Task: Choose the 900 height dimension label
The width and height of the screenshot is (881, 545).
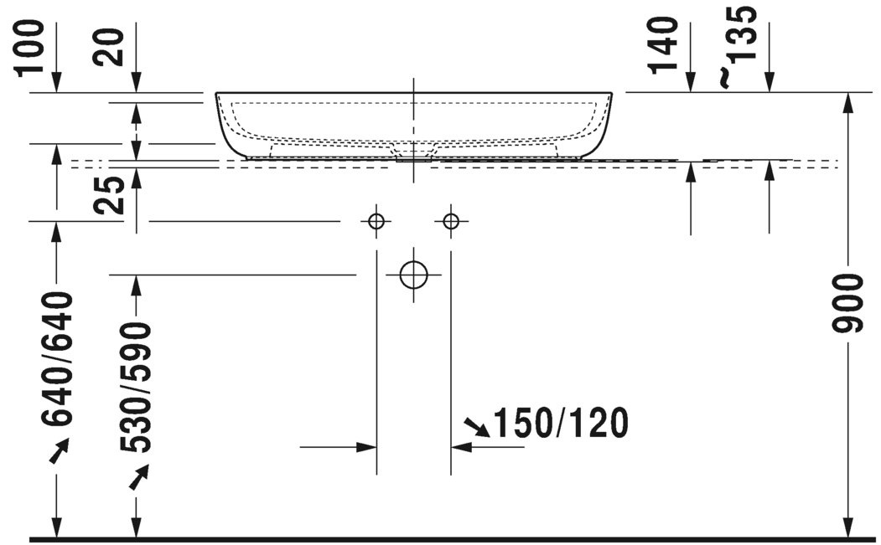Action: coord(850,303)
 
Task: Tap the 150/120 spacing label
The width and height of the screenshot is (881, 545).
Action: coord(560,424)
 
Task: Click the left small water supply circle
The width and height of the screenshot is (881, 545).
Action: coord(376,221)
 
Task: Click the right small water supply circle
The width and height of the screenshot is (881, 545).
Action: coord(451,221)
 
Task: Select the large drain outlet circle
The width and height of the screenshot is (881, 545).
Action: coord(413,274)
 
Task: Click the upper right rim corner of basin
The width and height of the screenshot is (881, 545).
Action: coord(611,94)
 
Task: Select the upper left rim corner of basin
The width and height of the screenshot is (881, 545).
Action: coord(217,94)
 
